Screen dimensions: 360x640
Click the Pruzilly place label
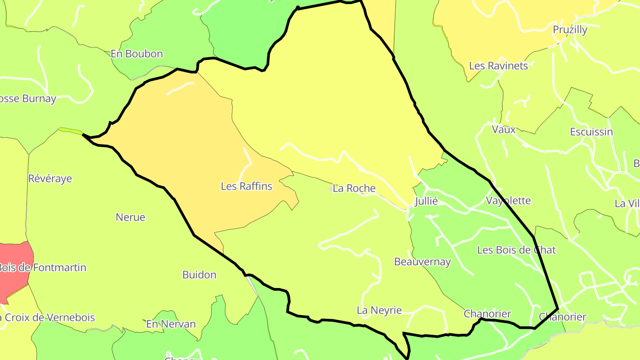click(570, 30)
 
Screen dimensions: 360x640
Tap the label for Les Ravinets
click(498, 66)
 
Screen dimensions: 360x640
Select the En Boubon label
click(136, 54)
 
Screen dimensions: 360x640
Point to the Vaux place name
click(504, 129)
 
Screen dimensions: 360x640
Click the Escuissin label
click(591, 132)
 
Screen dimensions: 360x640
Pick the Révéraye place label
click(50, 178)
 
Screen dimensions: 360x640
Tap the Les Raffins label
click(246, 186)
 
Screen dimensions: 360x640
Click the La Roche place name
click(354, 188)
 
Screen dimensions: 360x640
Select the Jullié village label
click(426, 201)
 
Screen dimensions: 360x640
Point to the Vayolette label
click(508, 200)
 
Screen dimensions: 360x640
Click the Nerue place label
click(130, 217)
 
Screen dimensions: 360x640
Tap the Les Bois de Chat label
click(516, 250)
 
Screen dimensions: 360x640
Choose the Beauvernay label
click(422, 262)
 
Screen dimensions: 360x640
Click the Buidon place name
click(199, 274)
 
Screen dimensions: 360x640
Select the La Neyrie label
click(379, 310)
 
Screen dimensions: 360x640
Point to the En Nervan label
click(171, 324)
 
